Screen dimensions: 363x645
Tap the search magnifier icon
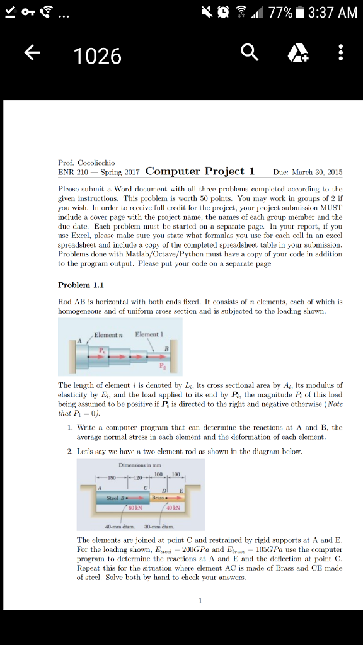pyautogui.click(x=250, y=55)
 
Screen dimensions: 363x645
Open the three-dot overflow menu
pyautogui.click(x=340, y=55)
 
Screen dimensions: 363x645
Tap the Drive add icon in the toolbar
pyautogui.click(x=294, y=55)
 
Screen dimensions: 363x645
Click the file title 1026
pyautogui.click(x=97, y=57)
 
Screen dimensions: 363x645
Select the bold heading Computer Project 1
pyautogui.click(x=200, y=171)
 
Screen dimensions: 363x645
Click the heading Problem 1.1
pyautogui.click(x=79, y=285)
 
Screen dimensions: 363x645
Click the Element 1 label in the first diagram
pyautogui.click(x=149, y=334)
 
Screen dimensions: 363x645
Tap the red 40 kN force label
pyautogui.click(x=172, y=508)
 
